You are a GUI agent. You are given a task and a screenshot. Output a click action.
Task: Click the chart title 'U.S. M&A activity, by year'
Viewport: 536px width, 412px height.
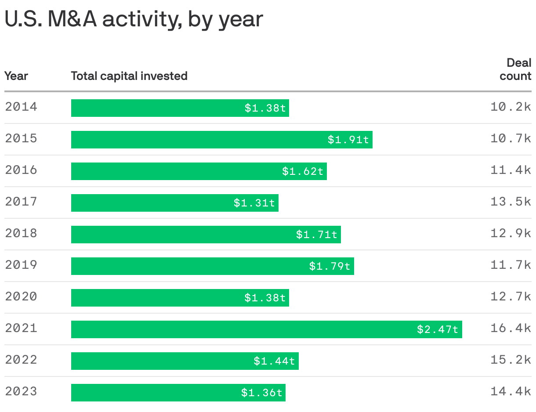pyautogui.click(x=134, y=19)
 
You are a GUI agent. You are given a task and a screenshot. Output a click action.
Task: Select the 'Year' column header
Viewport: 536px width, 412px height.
pyautogui.click(x=16, y=76)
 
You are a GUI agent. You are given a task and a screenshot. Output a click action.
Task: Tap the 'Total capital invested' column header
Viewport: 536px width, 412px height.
pyautogui.click(x=129, y=76)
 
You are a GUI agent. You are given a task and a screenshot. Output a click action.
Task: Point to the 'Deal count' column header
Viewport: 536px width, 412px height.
pyautogui.click(x=516, y=69)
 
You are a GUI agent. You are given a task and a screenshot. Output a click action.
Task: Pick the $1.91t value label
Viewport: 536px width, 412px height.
pyautogui.click(x=348, y=140)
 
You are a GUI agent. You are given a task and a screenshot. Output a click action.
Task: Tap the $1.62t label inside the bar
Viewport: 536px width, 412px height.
pyautogui.click(x=303, y=171)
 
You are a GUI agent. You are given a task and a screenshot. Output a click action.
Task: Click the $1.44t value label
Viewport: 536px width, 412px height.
pyautogui.click(x=274, y=361)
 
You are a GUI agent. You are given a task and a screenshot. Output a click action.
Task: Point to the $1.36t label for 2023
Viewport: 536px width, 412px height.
pyautogui.click(x=262, y=393)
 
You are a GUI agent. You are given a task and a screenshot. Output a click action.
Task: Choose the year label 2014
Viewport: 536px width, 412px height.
pyautogui.click(x=21, y=107)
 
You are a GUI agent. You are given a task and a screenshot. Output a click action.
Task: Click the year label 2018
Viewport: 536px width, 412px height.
pyautogui.click(x=21, y=233)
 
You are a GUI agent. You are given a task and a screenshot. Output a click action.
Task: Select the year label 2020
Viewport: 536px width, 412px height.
pyautogui.click(x=21, y=296)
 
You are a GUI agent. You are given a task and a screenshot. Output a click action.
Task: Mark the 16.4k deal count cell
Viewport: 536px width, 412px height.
pyautogui.click(x=511, y=328)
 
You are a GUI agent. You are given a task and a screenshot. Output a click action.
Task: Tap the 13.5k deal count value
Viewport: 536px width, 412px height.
pyautogui.click(x=511, y=202)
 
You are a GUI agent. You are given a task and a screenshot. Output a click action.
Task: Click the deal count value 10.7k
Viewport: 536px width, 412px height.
pyautogui.click(x=511, y=138)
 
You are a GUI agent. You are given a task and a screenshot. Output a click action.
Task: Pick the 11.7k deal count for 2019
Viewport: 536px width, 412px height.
pyautogui.click(x=511, y=265)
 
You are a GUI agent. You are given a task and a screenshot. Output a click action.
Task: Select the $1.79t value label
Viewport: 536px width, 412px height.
pyautogui.click(x=330, y=266)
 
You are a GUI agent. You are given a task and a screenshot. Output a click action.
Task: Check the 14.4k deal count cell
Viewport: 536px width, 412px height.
pyautogui.click(x=511, y=391)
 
